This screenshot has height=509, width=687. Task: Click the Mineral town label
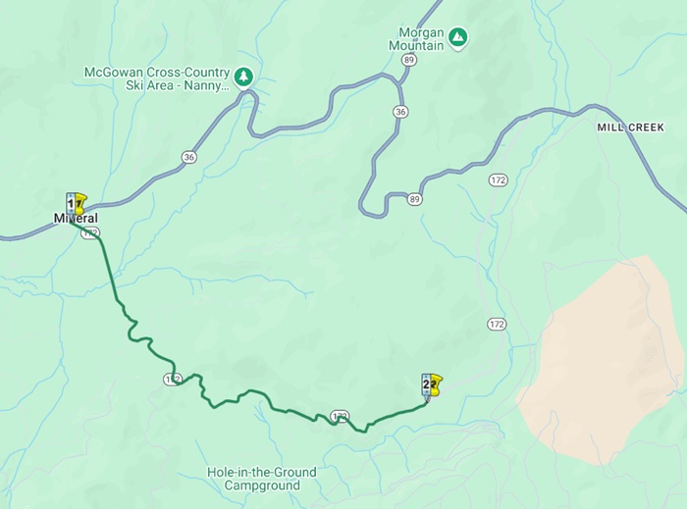tap(76, 218)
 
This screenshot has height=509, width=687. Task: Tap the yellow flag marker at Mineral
tap(79, 204)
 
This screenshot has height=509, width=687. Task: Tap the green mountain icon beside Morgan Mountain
tap(457, 38)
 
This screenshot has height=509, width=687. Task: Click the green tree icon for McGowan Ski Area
tap(243, 76)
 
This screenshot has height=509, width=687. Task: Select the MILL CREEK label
tap(631, 127)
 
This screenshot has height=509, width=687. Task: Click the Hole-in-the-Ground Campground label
tap(262, 479)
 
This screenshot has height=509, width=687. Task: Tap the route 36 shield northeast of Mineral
tap(188, 157)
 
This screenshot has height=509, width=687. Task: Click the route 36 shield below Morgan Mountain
tap(399, 112)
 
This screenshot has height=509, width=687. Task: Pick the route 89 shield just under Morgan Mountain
tap(408, 60)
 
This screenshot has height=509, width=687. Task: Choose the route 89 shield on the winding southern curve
tap(415, 200)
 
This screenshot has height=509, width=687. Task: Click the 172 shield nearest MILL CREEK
tap(499, 180)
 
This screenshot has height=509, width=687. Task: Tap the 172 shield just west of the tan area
tap(497, 324)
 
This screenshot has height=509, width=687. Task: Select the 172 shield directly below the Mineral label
tap(90, 232)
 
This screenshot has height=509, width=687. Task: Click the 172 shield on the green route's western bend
tap(173, 378)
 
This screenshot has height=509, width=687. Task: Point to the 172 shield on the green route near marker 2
tap(340, 417)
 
